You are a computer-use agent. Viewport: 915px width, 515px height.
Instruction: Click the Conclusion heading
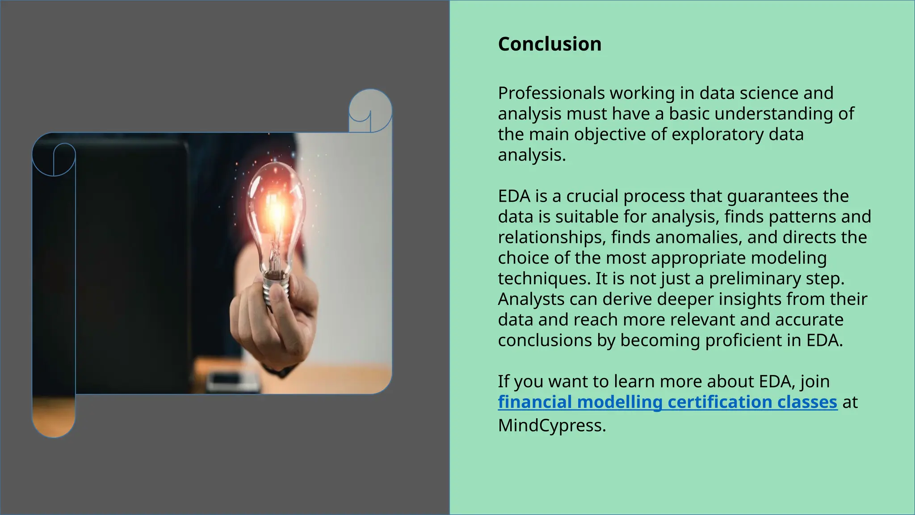[x=550, y=44]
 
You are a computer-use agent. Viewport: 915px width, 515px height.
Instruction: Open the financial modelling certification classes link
[x=667, y=402]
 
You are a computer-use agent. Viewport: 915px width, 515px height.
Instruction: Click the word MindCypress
[x=551, y=425]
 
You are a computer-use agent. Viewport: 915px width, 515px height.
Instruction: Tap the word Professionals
[x=551, y=93]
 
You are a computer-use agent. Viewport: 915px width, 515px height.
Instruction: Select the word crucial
[x=592, y=196]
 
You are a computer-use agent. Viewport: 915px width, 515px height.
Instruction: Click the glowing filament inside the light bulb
[x=276, y=210]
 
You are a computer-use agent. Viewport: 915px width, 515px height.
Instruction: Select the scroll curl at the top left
[x=54, y=159]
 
